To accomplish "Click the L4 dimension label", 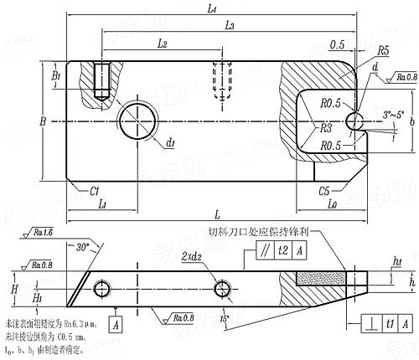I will [x=211, y=8].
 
